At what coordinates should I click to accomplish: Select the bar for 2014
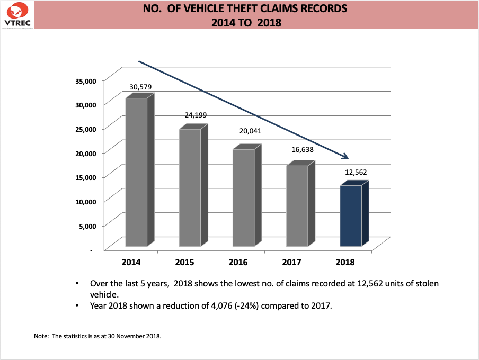[137, 172]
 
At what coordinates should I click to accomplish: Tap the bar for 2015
[190, 187]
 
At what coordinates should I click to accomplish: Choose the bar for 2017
[297, 206]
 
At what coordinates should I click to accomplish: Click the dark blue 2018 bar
[351, 215]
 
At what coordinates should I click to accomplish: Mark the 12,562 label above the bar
[356, 172]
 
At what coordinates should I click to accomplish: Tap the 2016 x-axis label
[238, 262]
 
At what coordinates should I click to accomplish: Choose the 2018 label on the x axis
[345, 262]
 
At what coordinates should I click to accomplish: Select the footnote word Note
[40, 336]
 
